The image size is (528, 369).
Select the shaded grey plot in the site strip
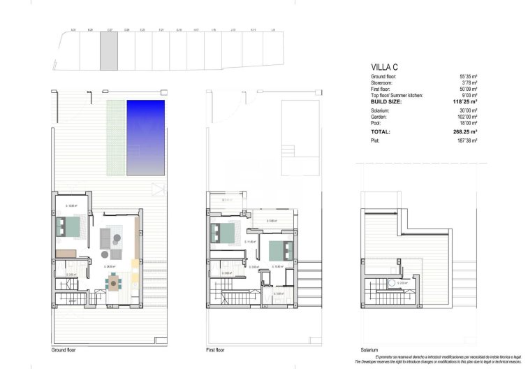point(108,52)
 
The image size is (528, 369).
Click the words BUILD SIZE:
point(388,101)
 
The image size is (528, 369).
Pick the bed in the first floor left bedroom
point(223,231)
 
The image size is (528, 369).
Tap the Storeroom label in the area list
point(383,82)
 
